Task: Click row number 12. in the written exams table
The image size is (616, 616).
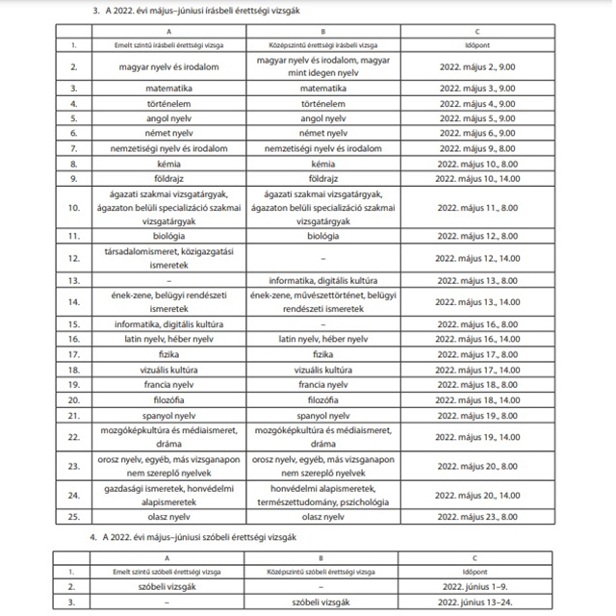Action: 74,258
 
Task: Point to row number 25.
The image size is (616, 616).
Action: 74,516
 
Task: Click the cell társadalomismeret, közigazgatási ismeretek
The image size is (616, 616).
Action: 173,258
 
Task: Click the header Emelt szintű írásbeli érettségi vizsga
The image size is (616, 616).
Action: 173,45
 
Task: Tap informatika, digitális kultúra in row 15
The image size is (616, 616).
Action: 173,325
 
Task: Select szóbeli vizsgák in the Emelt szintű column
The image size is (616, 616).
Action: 173,585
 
